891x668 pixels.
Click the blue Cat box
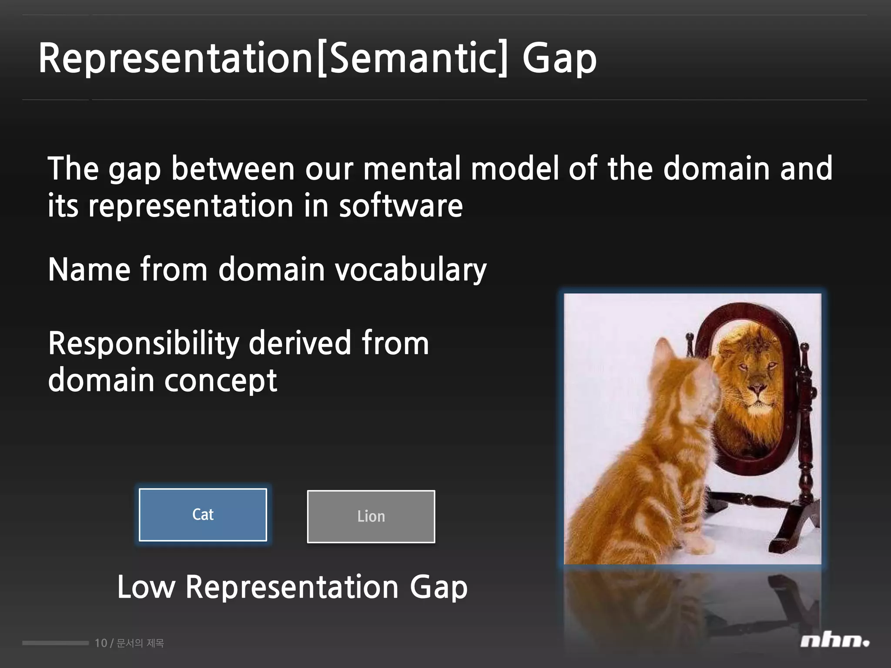203,514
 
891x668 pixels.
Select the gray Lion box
371,517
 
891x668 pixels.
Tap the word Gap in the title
559,58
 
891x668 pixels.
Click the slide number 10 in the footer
100,643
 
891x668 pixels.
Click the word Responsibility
144,344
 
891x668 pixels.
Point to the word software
401,206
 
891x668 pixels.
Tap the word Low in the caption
146,587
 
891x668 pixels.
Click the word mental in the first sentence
412,168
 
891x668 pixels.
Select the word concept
220,381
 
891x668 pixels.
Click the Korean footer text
140,643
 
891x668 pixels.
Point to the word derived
300,344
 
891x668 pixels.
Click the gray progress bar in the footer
55,643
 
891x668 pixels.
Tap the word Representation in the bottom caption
292,587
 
